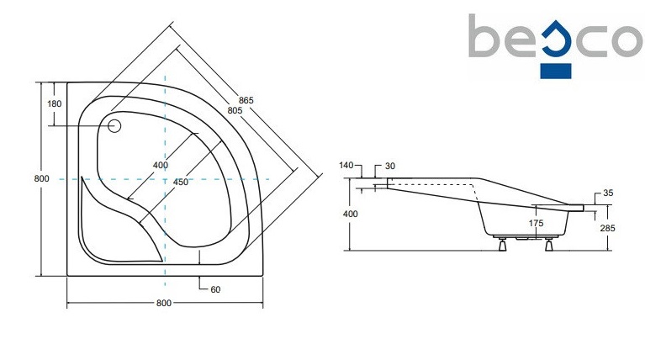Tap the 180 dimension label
[x=55, y=103]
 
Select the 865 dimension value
[x=246, y=100]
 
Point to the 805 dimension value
[x=235, y=111]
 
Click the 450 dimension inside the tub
[x=180, y=182]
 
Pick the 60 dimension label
[x=215, y=289]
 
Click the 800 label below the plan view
[x=164, y=303]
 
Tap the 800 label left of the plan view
[x=41, y=178]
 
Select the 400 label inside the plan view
[x=161, y=165]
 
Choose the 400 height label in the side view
[x=351, y=214]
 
